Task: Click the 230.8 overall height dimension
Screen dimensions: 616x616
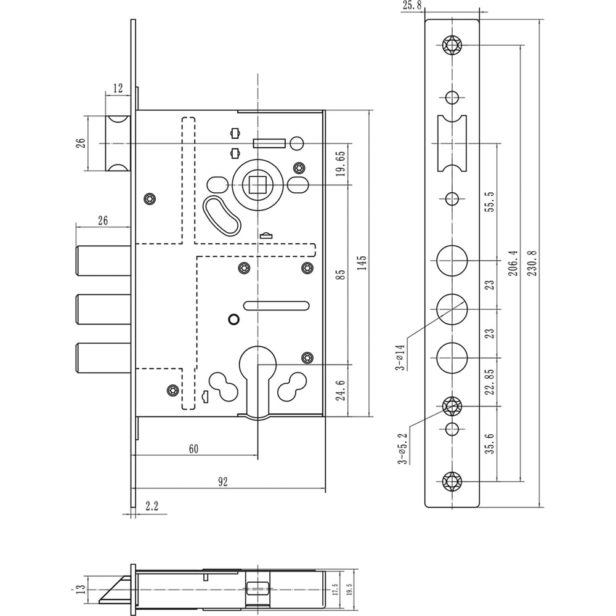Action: pos(532,263)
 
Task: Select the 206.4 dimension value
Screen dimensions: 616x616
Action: pos(513,263)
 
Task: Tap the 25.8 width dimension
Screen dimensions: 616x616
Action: pos(412,6)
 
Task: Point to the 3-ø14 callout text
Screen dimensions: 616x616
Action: pos(400,357)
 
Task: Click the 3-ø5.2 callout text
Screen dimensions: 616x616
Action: pos(402,449)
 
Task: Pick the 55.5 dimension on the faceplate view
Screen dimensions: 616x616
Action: pos(490,202)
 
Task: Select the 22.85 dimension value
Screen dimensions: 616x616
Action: pos(490,382)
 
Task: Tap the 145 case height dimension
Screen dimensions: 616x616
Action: pos(362,263)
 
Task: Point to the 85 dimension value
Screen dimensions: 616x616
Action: pos(341,274)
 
